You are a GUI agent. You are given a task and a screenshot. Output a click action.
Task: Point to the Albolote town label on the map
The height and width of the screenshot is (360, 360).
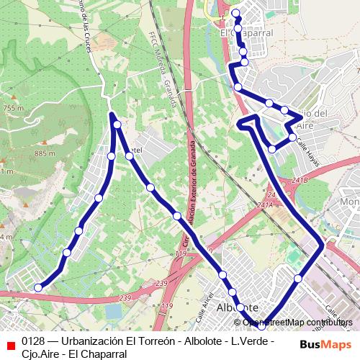tap(237, 307)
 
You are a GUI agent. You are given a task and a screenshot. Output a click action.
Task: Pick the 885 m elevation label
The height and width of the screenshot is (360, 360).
tap(45, 153)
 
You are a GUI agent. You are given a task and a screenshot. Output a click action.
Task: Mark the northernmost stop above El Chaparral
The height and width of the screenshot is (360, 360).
tap(236, 14)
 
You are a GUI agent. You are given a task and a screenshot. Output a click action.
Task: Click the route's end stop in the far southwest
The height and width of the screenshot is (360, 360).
tap(38, 288)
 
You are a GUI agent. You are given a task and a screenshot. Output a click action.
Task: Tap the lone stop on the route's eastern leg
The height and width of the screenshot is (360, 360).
tap(297, 278)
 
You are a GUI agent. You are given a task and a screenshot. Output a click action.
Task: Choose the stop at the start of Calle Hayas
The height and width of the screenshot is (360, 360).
tap(292, 137)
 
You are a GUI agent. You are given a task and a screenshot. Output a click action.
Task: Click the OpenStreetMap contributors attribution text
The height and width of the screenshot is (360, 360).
tap(300, 322)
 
